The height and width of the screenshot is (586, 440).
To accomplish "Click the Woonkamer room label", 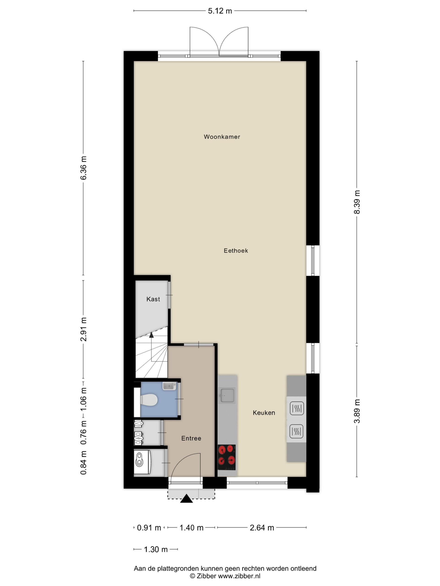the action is pos(222,137).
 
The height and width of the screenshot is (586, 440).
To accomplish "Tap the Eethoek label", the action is pos(236,251).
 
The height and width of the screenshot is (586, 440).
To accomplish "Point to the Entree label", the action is pos(191,438).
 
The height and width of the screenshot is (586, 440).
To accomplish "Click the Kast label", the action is pos(153,299).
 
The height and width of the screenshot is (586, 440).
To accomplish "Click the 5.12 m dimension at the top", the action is pos(220,11).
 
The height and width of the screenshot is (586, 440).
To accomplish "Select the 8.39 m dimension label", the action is pos(357,202).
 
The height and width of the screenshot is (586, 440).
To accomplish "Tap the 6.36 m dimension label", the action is pos(83,168).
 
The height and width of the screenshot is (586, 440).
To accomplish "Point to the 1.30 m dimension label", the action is pos(156,549).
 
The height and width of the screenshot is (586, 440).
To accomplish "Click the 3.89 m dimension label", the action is pos(357,411).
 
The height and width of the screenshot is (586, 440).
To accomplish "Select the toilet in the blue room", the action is pos(149,399).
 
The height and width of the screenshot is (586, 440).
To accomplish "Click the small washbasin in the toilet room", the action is pos(169,386).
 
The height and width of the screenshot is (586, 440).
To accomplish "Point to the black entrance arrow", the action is pos(187,499).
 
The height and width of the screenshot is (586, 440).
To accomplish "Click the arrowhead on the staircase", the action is pos(151,335).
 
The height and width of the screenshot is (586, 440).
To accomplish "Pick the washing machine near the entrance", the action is pos(142,463).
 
